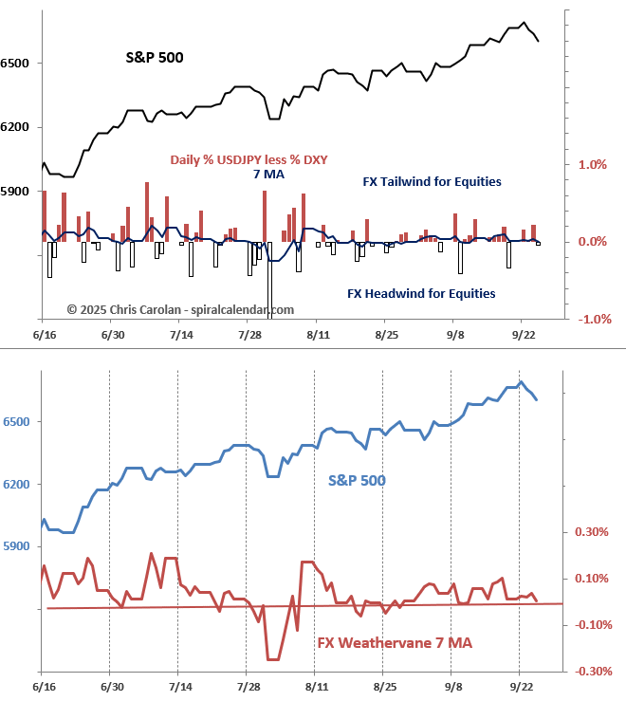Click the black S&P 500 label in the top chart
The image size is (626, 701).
[155, 58]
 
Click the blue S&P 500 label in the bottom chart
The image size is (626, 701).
[357, 480]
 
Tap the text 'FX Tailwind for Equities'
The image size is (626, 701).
[433, 181]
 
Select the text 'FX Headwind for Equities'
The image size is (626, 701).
[421, 293]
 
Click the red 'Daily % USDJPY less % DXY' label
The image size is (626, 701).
[249, 159]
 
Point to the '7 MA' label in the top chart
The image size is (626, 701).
[268, 174]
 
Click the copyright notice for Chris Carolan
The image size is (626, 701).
[180, 309]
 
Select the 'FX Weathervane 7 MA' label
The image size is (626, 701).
[395, 644]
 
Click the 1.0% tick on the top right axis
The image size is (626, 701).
[592, 164]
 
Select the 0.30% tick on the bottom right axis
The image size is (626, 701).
[592, 532]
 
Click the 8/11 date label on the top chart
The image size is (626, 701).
[318, 336]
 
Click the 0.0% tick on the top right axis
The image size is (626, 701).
[592, 242]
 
